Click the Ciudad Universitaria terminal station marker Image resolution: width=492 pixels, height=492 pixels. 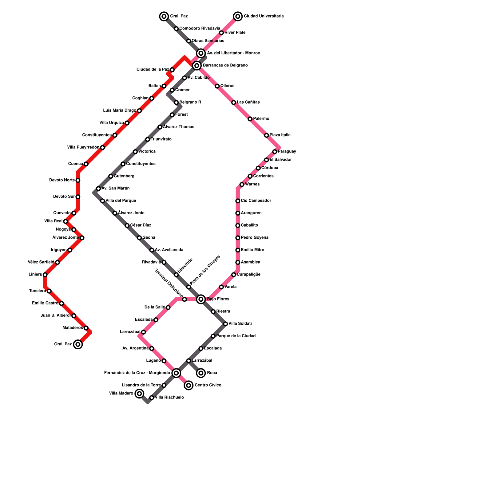pyautogui.click(x=238, y=16)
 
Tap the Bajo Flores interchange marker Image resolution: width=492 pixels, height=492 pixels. pyautogui.click(x=201, y=299)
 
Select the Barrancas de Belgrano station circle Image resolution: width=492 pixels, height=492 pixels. pyautogui.click(x=197, y=65)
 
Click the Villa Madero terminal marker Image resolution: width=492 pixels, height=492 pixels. pyautogui.click(x=140, y=394)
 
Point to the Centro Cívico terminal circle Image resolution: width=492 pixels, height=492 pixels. pyautogui.click(x=189, y=385)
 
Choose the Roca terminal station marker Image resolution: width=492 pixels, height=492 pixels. pyautogui.click(x=201, y=373)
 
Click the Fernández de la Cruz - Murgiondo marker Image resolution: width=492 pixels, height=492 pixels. pyautogui.click(x=176, y=373)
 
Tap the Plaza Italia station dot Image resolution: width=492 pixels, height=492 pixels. pyautogui.click(x=267, y=135)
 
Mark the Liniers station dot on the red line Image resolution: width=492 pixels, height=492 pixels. pyautogui.click(x=45, y=275)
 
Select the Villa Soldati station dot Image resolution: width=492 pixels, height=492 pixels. pyautogui.click(x=225, y=324)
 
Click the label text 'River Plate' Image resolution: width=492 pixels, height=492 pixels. pyautogui.click(x=235, y=33)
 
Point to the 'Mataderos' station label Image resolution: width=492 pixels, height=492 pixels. pyautogui.click(x=73, y=328)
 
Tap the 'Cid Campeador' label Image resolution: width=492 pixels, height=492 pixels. pyautogui.click(x=256, y=201)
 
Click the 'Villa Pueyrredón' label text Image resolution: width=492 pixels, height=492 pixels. pyautogui.click(x=83, y=148)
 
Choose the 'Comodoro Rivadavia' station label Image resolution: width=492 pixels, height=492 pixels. pyautogui.click(x=200, y=29)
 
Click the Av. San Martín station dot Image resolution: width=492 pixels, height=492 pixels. pyautogui.click(x=98, y=188)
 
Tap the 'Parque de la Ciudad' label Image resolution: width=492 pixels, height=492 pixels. pyautogui.click(x=236, y=336)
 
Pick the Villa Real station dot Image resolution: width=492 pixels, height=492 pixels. pyautogui.click(x=65, y=221)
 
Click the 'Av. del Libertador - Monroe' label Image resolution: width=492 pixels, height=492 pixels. pyautogui.click(x=233, y=53)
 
